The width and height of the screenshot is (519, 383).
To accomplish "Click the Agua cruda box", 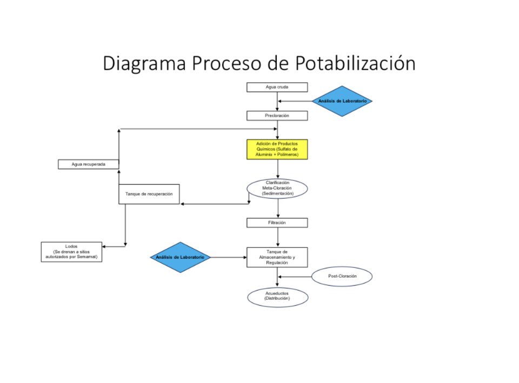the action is coord(277,87).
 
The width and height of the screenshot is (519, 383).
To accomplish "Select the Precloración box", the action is coord(277,116).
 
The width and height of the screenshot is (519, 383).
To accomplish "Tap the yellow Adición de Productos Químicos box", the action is coord(277,149).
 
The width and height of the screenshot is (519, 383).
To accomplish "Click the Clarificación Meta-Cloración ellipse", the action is coord(277,189).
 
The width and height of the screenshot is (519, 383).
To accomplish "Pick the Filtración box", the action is coord(277,223).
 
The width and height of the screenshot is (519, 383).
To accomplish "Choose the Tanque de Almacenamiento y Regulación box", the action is coord(277,257).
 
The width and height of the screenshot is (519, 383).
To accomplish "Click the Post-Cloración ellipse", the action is coord(342,276).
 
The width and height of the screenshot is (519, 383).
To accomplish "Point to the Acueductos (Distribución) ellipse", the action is coord(278,297).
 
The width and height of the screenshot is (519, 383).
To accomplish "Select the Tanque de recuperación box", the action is coord(149,194).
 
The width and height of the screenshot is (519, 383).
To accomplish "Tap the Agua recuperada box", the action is coord(88,164).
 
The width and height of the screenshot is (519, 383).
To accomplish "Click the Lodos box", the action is coord(71,252).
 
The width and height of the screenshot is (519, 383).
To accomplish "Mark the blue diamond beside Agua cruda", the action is coord(342,101).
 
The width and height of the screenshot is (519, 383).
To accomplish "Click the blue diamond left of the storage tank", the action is coord(180,257).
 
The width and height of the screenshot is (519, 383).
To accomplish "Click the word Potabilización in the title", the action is coord(355,63).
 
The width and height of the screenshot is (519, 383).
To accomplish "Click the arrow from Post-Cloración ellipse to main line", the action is coord(295,277).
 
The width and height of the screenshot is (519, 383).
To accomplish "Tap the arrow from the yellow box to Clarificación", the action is coord(278,169).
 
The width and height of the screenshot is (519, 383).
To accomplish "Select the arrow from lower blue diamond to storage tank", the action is coord(229,257).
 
